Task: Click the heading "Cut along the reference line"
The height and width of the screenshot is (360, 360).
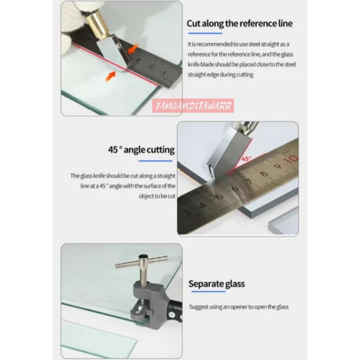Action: (239, 24)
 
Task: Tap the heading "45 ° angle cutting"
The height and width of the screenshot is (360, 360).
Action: (141, 150)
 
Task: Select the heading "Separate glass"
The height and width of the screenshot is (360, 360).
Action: (217, 284)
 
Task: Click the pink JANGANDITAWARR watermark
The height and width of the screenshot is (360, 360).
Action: (193, 106)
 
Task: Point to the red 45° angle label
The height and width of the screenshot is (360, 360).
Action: (246, 159)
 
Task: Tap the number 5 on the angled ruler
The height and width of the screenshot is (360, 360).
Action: (219, 197)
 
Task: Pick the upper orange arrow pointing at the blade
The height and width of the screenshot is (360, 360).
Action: (133, 49)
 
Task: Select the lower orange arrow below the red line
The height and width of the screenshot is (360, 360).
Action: (110, 76)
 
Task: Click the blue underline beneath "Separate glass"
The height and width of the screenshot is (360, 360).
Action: (208, 291)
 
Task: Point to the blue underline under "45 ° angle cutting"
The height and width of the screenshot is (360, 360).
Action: (155, 161)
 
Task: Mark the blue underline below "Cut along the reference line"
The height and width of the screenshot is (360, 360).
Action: (205, 33)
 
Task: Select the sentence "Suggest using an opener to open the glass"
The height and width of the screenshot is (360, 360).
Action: (239, 307)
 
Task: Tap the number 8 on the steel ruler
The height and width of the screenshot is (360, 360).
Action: (264, 174)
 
